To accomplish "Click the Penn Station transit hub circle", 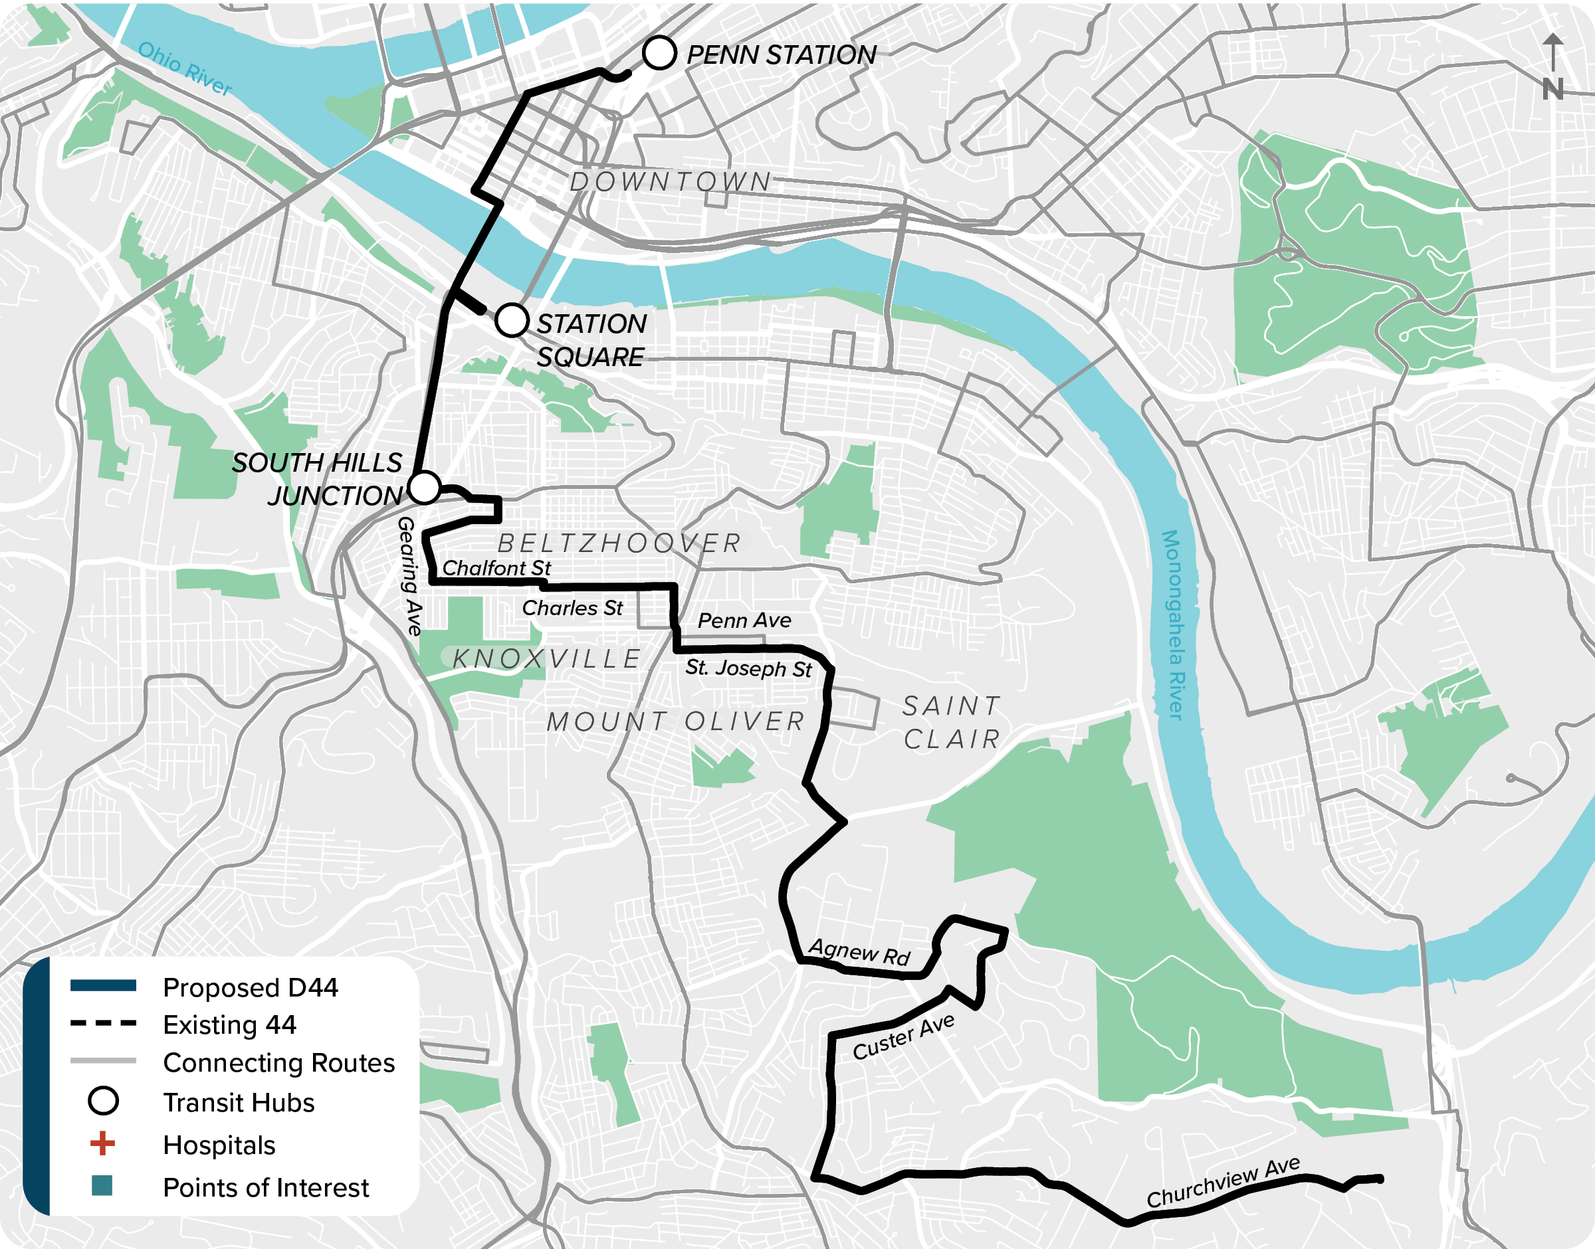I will click(x=659, y=53).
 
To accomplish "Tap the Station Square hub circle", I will click(x=511, y=320).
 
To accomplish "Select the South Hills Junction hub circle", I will click(x=423, y=487).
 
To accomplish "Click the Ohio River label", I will click(x=184, y=68).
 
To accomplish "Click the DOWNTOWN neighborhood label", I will click(x=671, y=181).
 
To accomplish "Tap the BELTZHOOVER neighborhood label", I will click(x=619, y=543).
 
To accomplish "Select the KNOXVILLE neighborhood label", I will click(x=546, y=658).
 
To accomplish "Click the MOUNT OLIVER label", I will click(x=676, y=721).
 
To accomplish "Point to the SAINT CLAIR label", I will click(x=951, y=722).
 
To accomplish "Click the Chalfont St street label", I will click(x=496, y=568).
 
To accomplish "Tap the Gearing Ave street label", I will click(x=409, y=575).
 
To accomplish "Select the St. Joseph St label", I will click(x=748, y=668).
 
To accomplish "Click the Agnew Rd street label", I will click(x=859, y=952).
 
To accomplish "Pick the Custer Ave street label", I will click(x=903, y=1037).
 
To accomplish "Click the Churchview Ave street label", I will click(x=1223, y=1183).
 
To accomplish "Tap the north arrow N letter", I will click(x=1552, y=90).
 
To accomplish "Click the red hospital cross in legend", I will click(x=102, y=1143).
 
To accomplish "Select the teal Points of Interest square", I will click(x=102, y=1185).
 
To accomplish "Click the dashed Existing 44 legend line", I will click(x=103, y=1024).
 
